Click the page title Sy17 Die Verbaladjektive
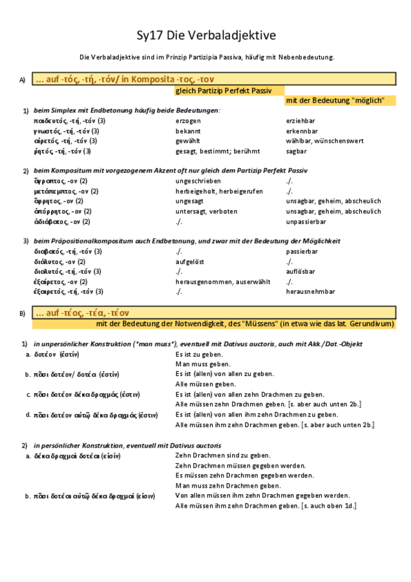pos(205,36)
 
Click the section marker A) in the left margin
pos(22,80)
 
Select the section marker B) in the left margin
pos(22,314)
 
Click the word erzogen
pos(188,121)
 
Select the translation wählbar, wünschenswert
pos(324,141)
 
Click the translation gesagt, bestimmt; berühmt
pos(217,151)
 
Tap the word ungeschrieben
pos(198,181)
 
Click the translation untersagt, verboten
pos(206,211)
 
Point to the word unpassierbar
pos(306,222)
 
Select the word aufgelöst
pos(190,262)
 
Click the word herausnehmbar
pos(310,291)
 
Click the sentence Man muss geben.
pos(203,364)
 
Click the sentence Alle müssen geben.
pos(205,384)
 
